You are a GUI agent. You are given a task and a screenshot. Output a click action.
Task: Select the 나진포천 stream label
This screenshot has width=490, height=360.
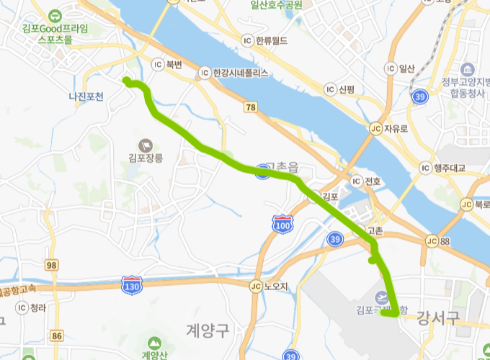86,96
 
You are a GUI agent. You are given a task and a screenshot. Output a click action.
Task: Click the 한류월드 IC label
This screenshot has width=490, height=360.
269,40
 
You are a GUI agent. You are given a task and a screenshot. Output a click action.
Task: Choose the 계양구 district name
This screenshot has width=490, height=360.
207,330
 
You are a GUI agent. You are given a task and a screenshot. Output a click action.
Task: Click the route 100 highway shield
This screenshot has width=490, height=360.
282,225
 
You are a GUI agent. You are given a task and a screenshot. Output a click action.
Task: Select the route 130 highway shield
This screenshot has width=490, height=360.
132,285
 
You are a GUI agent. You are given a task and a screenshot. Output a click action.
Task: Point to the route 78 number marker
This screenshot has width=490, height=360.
250,107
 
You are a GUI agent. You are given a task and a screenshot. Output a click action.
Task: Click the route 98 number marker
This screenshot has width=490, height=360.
51,266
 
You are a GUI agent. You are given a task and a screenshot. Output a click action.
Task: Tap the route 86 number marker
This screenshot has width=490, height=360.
58,336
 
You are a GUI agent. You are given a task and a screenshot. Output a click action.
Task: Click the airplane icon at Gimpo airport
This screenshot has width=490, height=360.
381,297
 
